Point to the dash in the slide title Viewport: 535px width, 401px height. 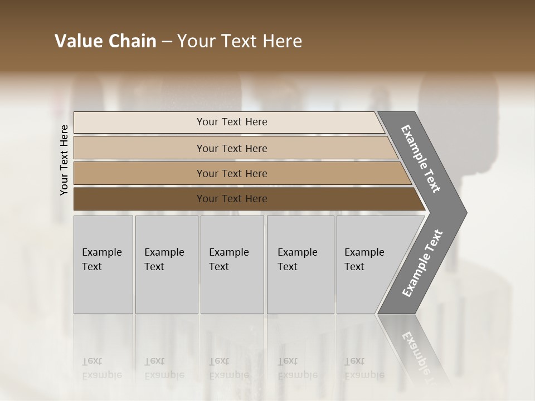point(167,42)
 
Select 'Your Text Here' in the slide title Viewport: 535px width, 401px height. point(240,41)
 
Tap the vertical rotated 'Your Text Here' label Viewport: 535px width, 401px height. point(64,160)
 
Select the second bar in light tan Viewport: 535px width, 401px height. point(232,148)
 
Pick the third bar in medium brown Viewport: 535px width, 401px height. point(232,173)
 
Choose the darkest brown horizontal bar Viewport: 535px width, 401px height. point(232,199)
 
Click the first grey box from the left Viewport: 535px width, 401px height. point(103,265)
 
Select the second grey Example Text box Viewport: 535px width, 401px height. point(167,265)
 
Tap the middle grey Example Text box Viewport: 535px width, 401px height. point(232,265)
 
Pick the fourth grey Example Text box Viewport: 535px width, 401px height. point(300,265)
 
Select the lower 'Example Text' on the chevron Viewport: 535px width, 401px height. point(422,263)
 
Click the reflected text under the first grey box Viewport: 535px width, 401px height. point(102,368)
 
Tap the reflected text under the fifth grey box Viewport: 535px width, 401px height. point(364,368)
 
